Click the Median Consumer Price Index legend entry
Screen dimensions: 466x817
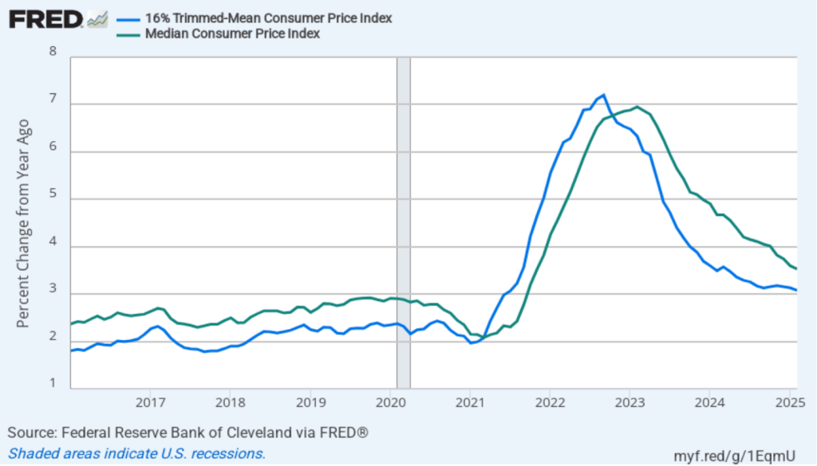point(231,33)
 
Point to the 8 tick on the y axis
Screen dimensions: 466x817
point(53,53)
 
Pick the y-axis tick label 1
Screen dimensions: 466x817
point(53,384)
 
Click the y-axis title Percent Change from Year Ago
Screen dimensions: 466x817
point(23,223)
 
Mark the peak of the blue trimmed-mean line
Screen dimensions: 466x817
point(603,95)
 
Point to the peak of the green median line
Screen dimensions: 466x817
point(637,107)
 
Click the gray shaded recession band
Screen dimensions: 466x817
point(404,223)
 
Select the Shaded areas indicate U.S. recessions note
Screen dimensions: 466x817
point(136,453)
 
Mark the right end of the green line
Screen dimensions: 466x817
point(797,268)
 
